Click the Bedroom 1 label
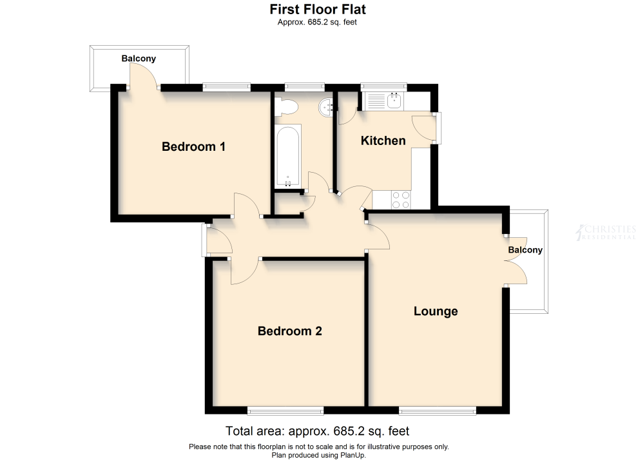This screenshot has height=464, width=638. pos(194,146)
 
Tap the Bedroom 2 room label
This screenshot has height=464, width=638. pos(290,331)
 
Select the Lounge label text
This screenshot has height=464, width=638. pos(436,311)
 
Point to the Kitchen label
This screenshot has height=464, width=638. pos(383,141)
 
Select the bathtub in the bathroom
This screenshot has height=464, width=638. pos(288,157)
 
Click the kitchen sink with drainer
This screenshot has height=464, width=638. pos(383,101)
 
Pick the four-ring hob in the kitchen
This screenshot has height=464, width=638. pos(401,200)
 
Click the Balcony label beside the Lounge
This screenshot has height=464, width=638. pos(525,250)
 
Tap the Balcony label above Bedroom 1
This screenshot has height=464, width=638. pos(139,59)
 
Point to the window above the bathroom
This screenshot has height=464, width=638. pos(305,86)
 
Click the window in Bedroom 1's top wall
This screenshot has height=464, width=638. pos(227,86)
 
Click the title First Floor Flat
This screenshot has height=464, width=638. pos(318,9)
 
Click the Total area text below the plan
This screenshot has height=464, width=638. pos(317,431)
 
